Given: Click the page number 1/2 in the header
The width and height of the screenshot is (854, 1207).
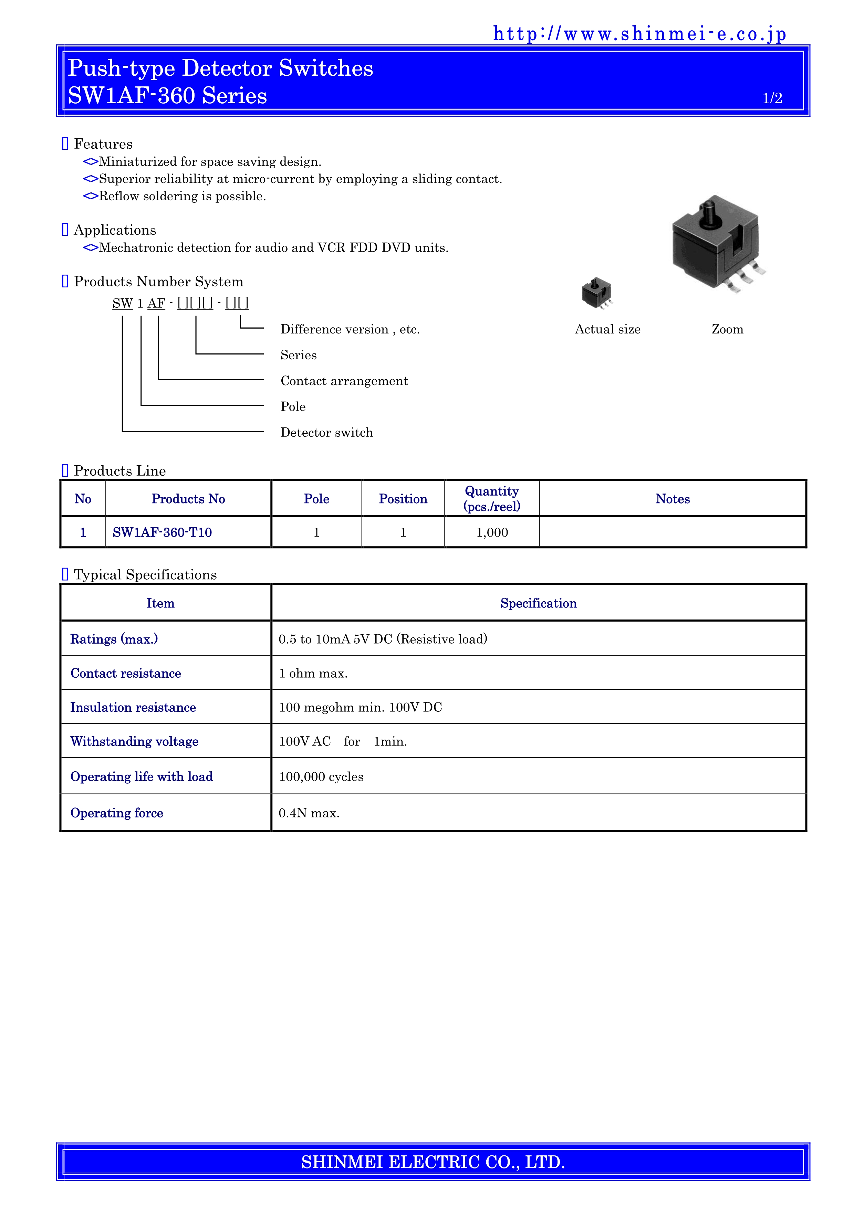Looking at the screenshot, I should click(772, 98).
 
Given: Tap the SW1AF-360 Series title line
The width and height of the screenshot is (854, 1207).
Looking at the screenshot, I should click(167, 96).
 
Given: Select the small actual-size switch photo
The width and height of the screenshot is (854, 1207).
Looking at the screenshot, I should click(597, 293).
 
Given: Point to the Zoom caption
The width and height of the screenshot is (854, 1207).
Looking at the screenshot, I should click(727, 330).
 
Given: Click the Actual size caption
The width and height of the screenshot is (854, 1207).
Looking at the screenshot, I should click(607, 330).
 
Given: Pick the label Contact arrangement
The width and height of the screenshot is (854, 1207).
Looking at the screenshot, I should click(344, 381).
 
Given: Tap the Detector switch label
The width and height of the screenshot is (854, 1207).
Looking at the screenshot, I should click(326, 432).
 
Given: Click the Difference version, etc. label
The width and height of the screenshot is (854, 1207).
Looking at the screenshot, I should click(350, 330).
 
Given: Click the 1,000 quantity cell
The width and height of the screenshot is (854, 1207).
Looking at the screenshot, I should click(492, 532).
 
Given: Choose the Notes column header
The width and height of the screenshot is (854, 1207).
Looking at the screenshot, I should click(672, 499).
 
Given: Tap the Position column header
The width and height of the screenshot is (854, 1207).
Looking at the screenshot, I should click(403, 499).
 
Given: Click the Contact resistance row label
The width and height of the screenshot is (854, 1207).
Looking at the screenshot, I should click(126, 674).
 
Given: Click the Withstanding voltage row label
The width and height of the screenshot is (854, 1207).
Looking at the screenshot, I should click(135, 741).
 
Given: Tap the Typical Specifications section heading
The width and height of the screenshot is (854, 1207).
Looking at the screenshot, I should click(145, 574).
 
